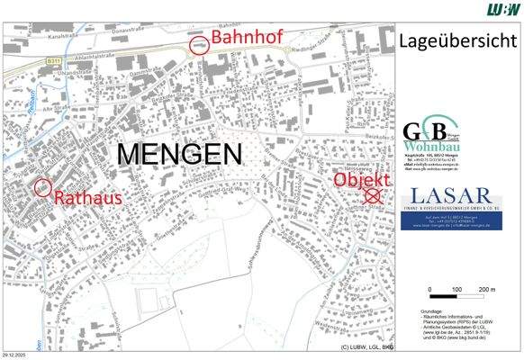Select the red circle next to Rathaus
click(41, 187)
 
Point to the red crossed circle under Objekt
click(368, 193)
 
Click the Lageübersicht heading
click(455, 40)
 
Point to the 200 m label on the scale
click(486, 288)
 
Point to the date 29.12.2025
click(15, 355)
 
